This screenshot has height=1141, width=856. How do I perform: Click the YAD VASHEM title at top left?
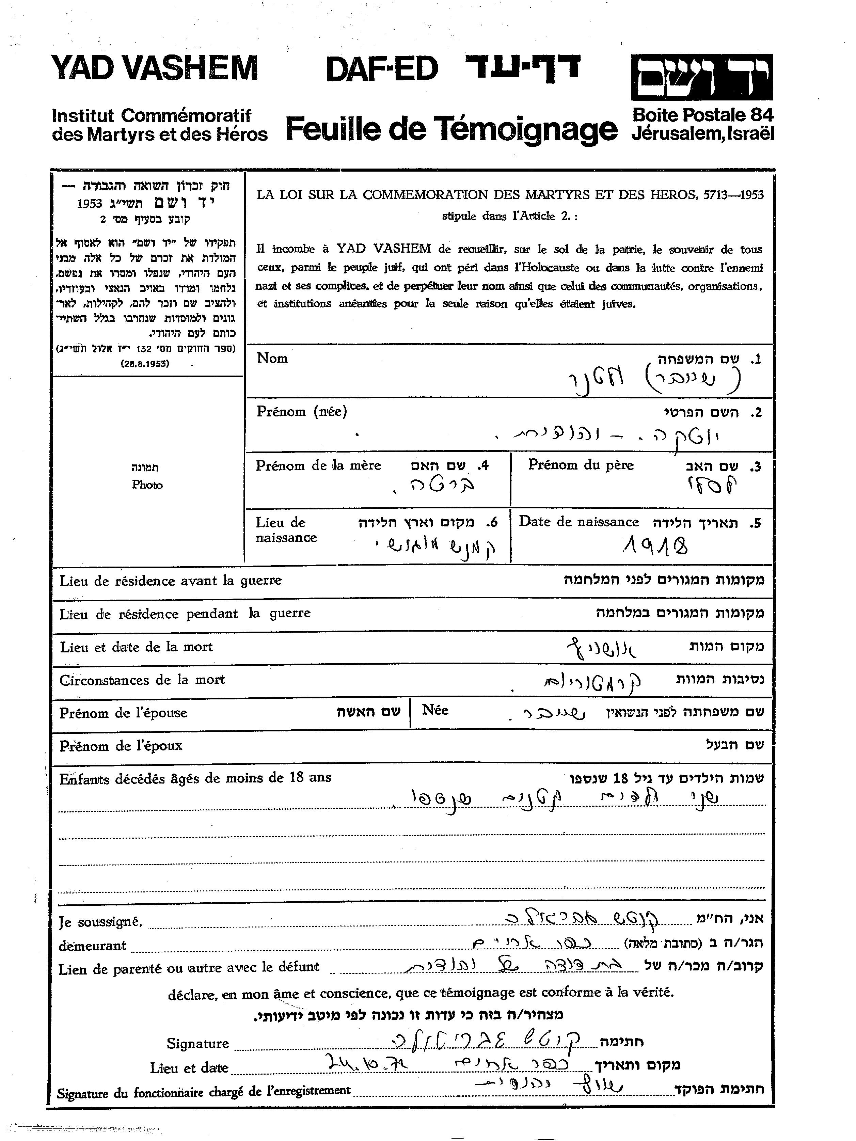pos(154,68)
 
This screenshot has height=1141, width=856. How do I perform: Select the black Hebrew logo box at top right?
pos(702,77)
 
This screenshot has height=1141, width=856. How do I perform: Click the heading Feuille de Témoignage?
pos(451,128)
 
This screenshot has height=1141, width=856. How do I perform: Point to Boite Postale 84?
pos(703,114)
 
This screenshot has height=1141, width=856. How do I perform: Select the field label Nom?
pos(272,358)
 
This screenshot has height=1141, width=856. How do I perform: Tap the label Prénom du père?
pos(581,465)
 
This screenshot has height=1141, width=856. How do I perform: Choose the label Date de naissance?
pos(579,522)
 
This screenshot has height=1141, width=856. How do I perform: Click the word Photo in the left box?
pos(147,485)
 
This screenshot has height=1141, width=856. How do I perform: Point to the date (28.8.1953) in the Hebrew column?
pos(145,363)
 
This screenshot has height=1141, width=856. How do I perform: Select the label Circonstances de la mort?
pos(142,680)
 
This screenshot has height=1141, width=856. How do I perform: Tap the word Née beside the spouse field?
pos(435,710)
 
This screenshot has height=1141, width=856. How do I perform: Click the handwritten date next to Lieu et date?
pos(365,1062)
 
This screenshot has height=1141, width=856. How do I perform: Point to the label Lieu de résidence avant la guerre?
pos(170,581)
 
